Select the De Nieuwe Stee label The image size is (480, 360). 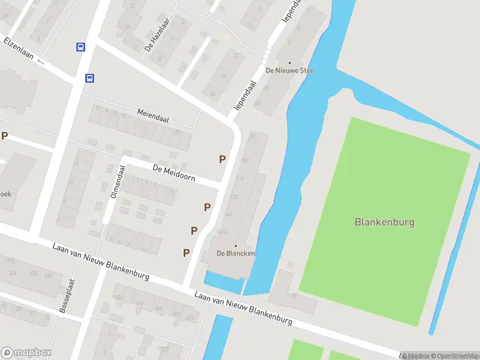click(290, 71)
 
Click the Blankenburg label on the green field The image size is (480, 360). click(385, 222)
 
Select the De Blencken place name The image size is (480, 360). click(236, 254)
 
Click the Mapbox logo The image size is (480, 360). click(26, 353)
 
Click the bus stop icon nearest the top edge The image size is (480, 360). click(80, 47)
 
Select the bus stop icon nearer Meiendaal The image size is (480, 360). click(89, 78)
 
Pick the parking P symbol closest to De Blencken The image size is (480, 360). click(187, 253)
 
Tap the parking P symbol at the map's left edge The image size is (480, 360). click(4, 136)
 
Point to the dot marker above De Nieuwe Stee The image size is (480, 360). click(290, 63)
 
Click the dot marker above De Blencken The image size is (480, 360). click(236, 246)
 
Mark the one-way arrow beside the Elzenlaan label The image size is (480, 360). click(40, 61)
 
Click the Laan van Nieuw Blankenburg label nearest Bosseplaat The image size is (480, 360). click(100, 262)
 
